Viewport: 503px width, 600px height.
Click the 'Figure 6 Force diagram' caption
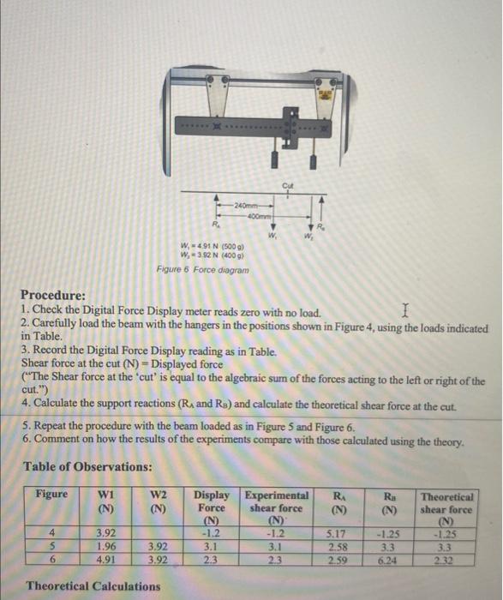click(x=203, y=269)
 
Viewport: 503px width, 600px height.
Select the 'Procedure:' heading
click(x=53, y=295)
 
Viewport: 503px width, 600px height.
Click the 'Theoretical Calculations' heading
click(x=93, y=586)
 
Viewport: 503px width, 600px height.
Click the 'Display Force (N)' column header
click(x=212, y=507)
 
